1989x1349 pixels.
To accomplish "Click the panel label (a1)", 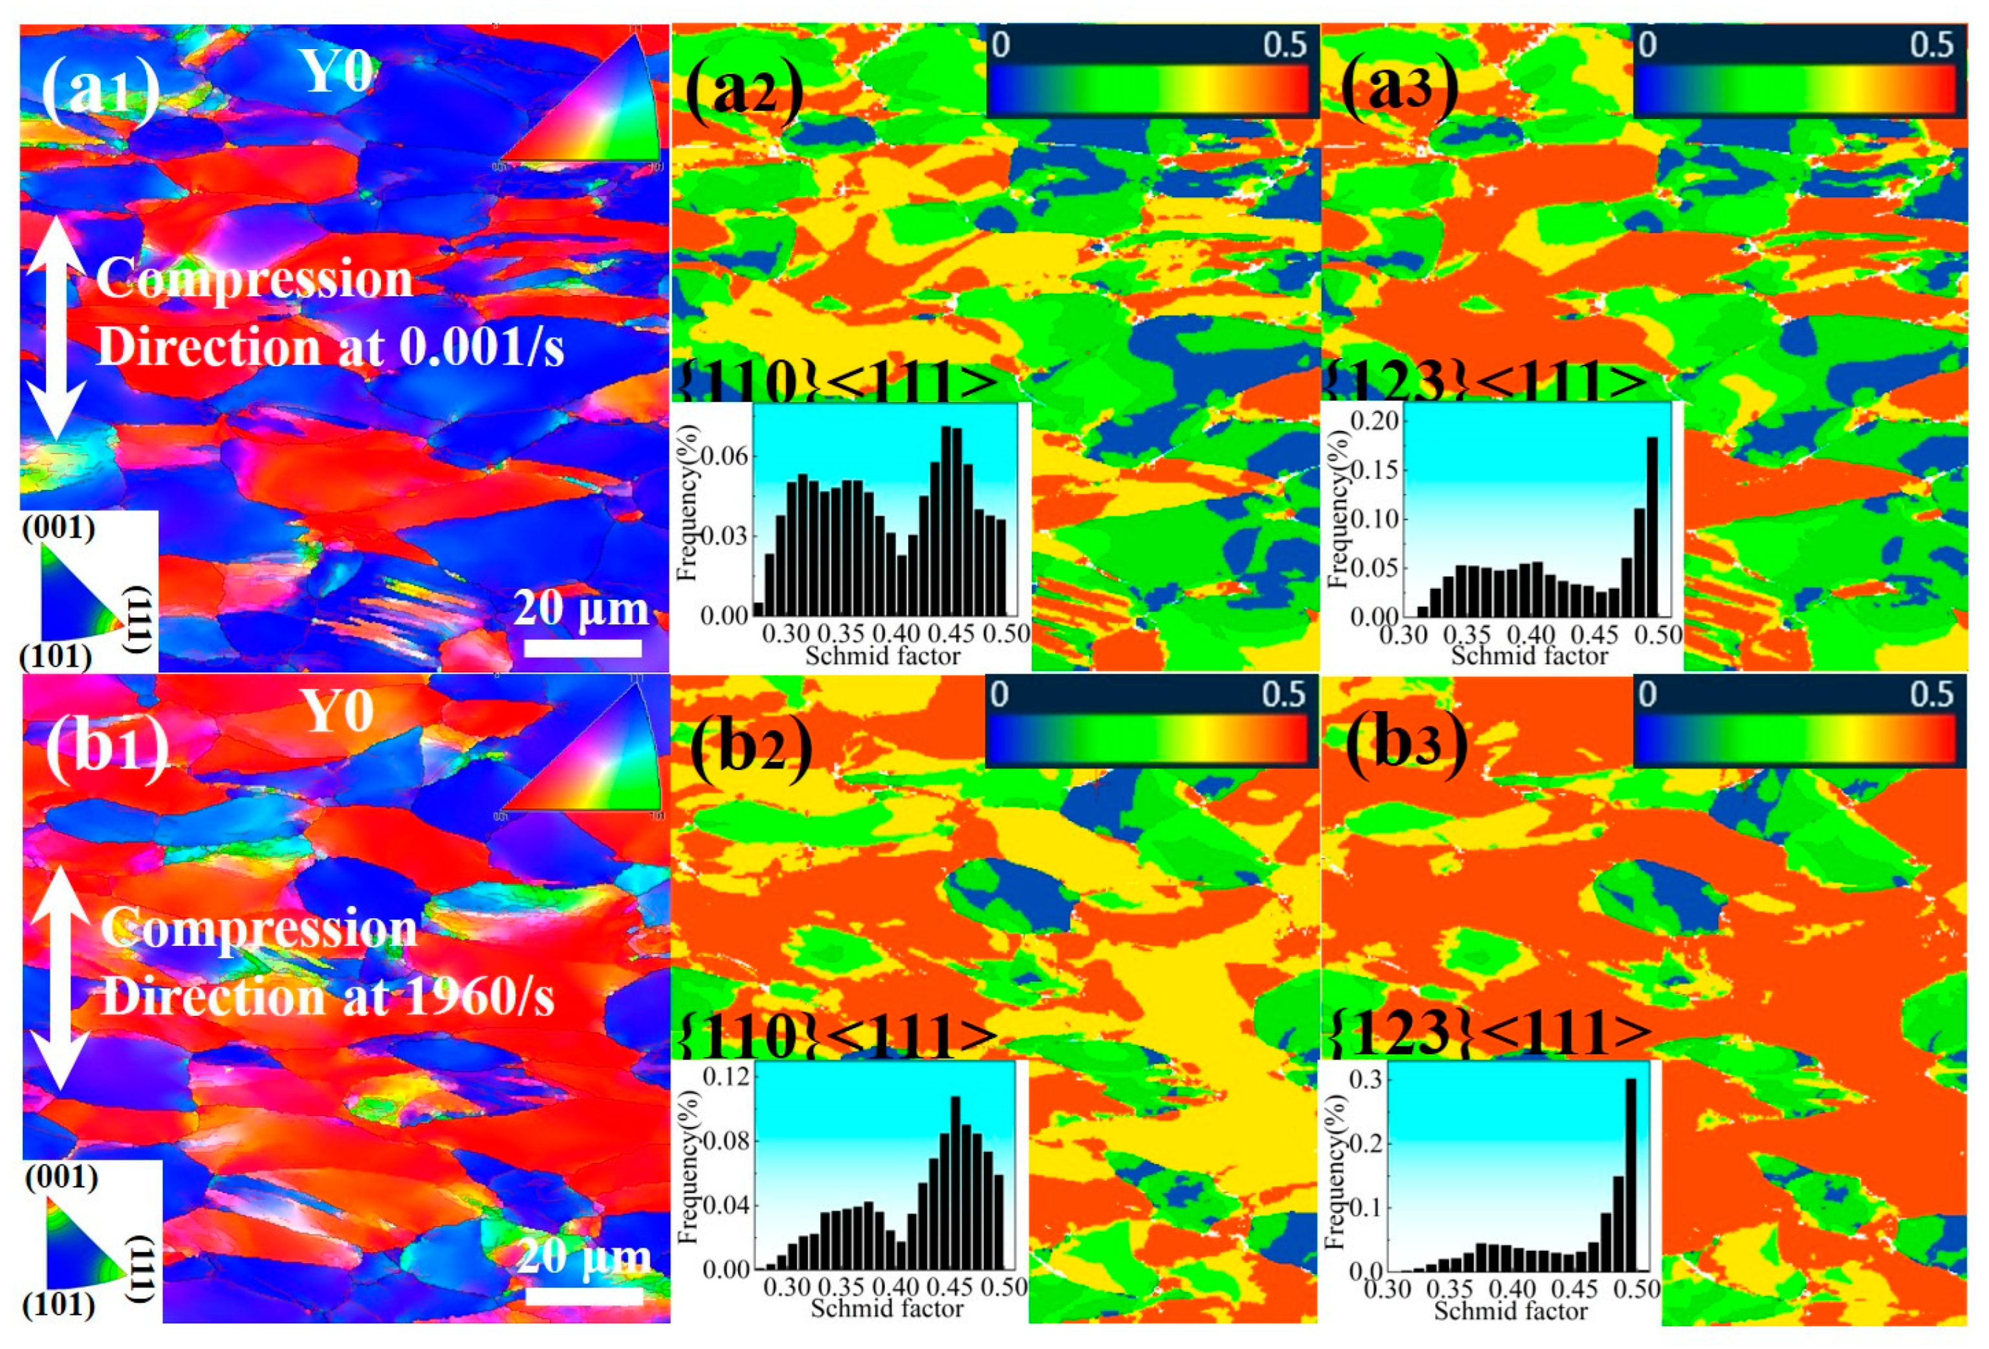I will pyautogui.click(x=100, y=90).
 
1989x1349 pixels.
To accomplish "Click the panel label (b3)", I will pyautogui.click(x=1406, y=743).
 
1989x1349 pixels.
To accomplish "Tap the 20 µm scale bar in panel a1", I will pyautogui.click(x=582, y=648).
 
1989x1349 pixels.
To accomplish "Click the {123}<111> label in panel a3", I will pyautogui.click(x=1485, y=382).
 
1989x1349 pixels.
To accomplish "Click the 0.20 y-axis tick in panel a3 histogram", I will pyautogui.click(x=1374, y=421).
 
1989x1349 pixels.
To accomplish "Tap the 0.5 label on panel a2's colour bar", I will pyautogui.click(x=1285, y=45).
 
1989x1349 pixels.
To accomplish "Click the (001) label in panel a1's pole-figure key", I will pyautogui.click(x=58, y=528).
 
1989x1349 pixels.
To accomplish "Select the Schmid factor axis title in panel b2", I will pyautogui.click(x=887, y=1308).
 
